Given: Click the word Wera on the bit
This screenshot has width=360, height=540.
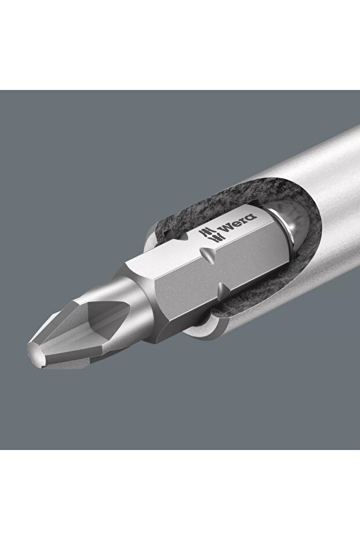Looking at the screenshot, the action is [x=239, y=223].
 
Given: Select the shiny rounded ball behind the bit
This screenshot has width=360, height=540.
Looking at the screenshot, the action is [x=294, y=227].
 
